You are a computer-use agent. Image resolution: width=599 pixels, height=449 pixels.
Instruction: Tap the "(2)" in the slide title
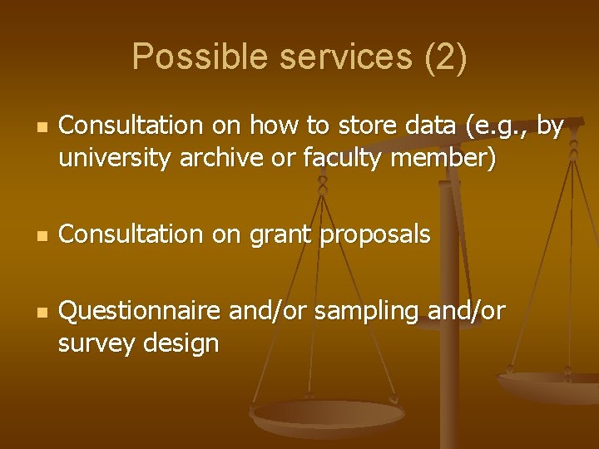tap(445, 57)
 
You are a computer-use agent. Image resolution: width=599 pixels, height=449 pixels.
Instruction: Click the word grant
tap(278, 235)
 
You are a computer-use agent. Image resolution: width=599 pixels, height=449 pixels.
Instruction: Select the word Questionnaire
tap(141, 311)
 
